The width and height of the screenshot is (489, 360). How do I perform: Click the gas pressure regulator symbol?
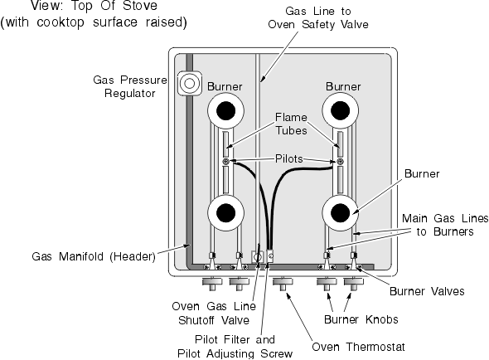pyautogui.click(x=190, y=84)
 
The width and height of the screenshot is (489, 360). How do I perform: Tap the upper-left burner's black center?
pyautogui.click(x=225, y=111)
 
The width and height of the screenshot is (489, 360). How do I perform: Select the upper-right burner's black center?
pyautogui.click(x=341, y=111)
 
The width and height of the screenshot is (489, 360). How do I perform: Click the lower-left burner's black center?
pyautogui.click(x=225, y=213)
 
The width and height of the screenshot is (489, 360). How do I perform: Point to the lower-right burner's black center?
pyautogui.click(x=341, y=213)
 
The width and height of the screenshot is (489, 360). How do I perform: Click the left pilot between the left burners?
pyautogui.click(x=225, y=162)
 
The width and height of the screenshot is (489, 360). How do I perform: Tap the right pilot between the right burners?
pyautogui.click(x=341, y=162)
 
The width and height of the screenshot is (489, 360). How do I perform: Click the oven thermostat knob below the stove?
pyautogui.click(x=283, y=284)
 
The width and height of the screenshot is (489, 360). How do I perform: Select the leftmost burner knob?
pyautogui.click(x=212, y=284)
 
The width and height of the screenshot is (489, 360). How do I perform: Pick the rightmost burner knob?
pyautogui.click(x=354, y=284)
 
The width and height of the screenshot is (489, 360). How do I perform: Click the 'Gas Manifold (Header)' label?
pyautogui.click(x=94, y=256)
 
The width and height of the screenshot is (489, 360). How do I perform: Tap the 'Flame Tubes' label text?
pyautogui.click(x=291, y=124)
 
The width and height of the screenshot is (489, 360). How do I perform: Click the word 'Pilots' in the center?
pyautogui.click(x=289, y=158)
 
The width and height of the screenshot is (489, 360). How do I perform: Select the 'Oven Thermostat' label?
pyautogui.click(x=358, y=347)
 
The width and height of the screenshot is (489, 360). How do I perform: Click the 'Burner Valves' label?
pyautogui.click(x=427, y=291)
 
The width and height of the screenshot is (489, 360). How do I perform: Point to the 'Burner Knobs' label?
pyautogui.click(x=361, y=319)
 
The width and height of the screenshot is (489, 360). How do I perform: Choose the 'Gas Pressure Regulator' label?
pyautogui.click(x=130, y=86)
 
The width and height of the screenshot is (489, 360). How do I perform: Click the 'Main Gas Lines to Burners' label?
pyautogui.click(x=445, y=225)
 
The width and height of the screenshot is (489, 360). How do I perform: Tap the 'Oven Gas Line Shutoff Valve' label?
pyautogui.click(x=214, y=314)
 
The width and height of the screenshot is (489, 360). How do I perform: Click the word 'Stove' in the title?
pyautogui.click(x=140, y=6)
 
